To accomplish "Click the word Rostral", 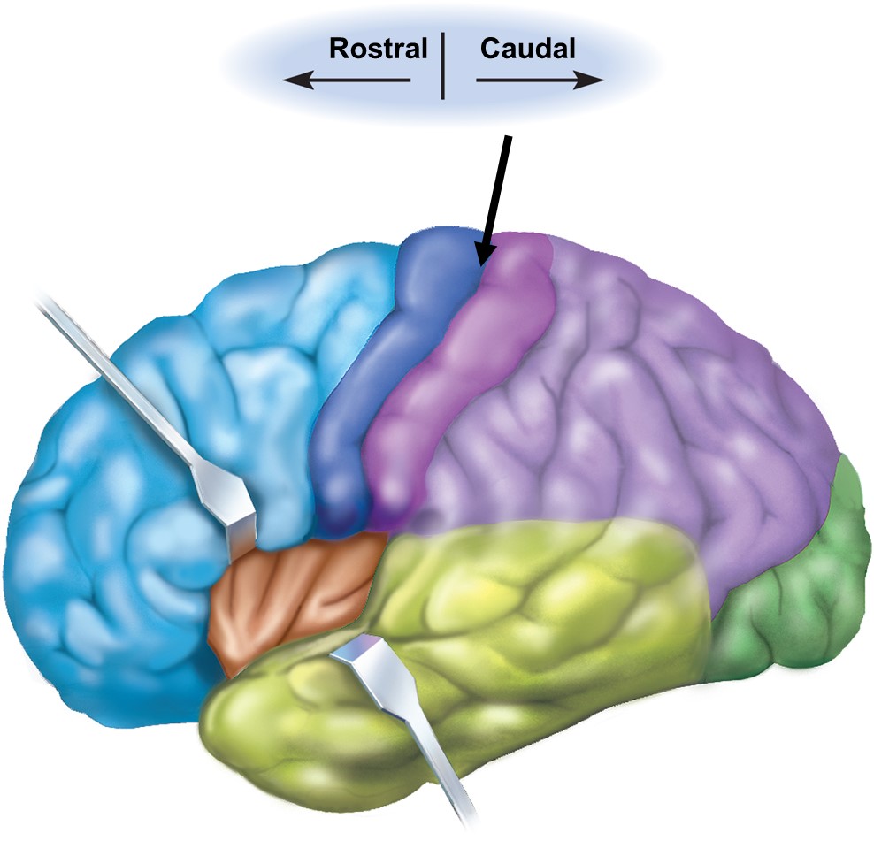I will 378,49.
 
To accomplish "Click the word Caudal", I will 527,49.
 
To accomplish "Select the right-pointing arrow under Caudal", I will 540,80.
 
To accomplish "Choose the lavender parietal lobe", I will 637,398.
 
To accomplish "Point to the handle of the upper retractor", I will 115,371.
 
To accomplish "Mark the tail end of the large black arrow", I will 509,138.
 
